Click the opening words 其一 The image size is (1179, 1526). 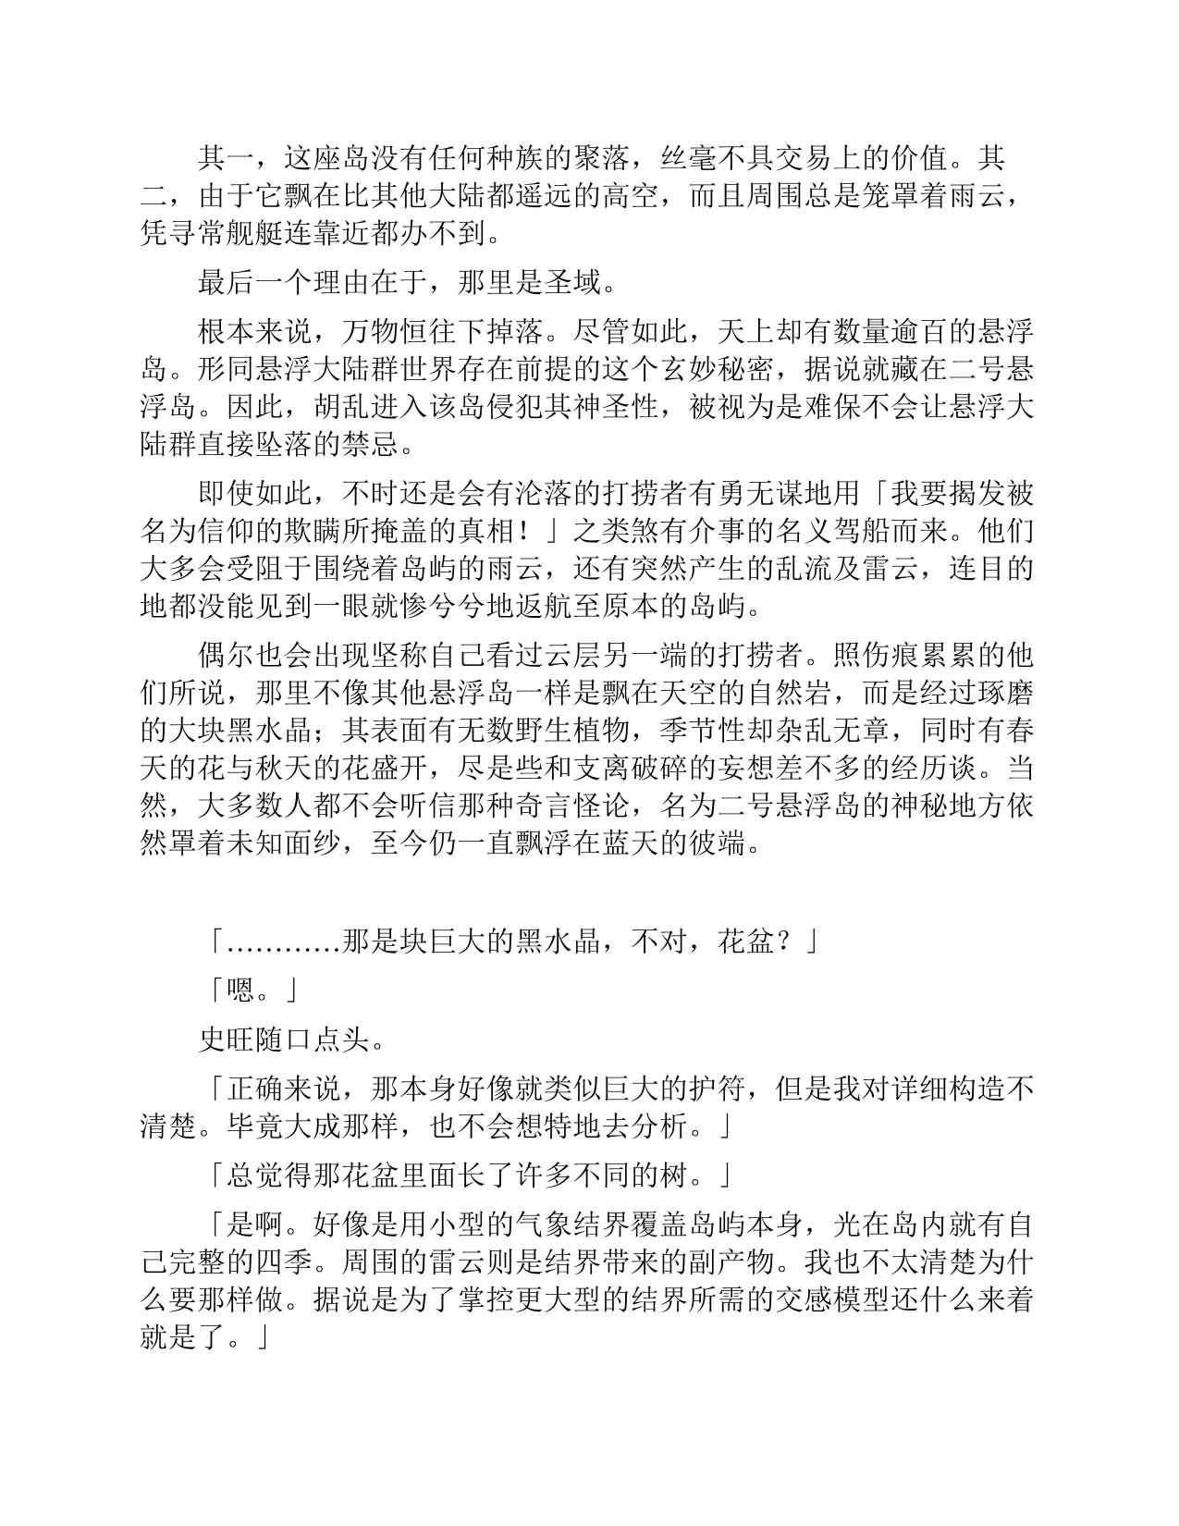(226, 159)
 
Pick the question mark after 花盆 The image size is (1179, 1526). (784, 941)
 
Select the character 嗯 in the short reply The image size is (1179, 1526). (240, 991)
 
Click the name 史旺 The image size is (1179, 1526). (226, 1040)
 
